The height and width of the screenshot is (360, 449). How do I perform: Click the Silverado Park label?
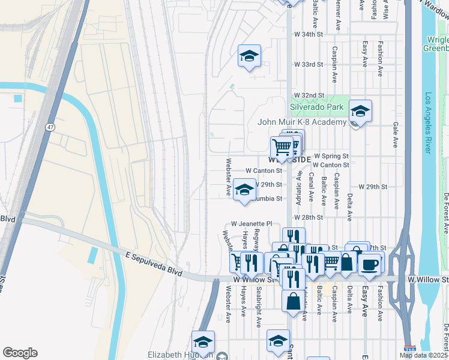[317, 107]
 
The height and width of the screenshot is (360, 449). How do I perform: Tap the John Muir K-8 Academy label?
[302, 122]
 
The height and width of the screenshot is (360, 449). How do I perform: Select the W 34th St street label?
[309, 34]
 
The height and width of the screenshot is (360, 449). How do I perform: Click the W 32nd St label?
[309, 95]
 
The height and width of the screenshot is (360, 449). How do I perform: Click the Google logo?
[20, 353]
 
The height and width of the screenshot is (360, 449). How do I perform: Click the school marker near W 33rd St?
[249, 56]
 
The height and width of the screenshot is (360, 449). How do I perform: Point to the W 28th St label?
[309, 217]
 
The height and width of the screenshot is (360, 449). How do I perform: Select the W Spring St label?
[331, 155]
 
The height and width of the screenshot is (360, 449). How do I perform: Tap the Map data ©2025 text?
[424, 355]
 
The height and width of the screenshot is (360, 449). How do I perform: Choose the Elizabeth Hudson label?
[181, 355]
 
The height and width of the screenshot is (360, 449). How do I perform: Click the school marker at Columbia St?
[244, 190]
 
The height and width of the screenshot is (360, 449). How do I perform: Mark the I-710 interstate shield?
[409, 350]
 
